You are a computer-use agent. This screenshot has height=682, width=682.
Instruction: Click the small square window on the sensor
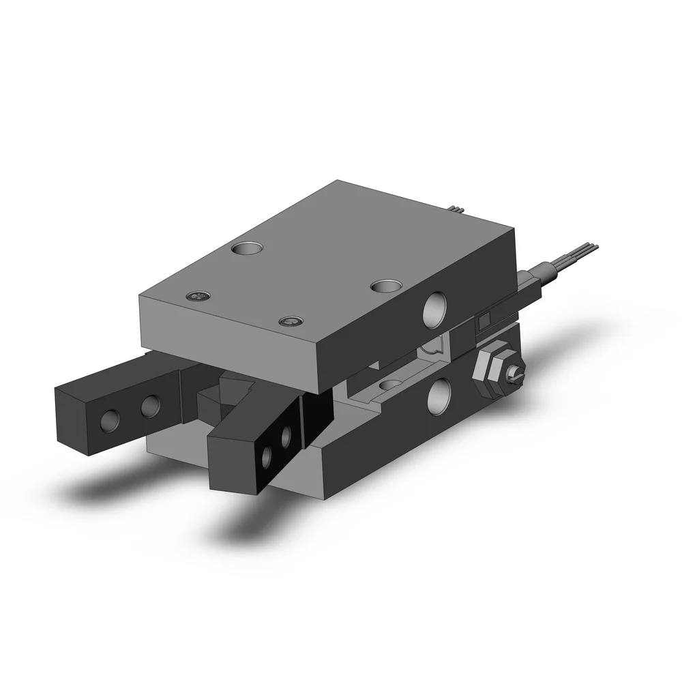(484, 321)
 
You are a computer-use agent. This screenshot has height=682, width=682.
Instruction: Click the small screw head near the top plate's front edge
(291, 321)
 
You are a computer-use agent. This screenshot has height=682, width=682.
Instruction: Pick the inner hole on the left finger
(149, 409)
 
